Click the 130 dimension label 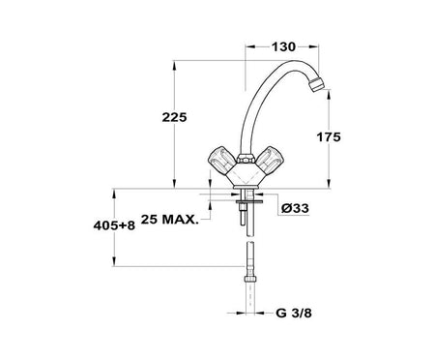coord(283,47)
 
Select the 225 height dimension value coord(174,117)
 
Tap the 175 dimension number coord(329,137)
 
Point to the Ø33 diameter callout coord(295,208)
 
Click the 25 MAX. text coord(169,220)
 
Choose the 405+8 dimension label coord(114,225)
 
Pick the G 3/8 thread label coord(294,313)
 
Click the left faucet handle coord(221,159)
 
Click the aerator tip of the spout coord(316,83)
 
